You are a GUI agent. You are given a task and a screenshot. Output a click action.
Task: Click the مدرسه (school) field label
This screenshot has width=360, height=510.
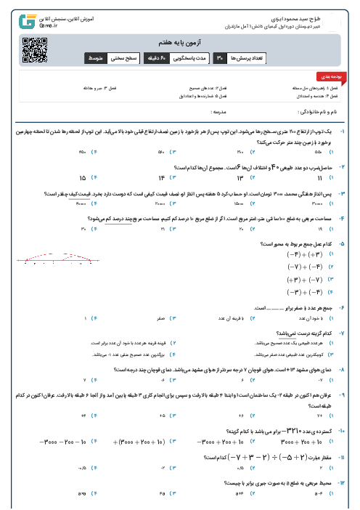point(218,113)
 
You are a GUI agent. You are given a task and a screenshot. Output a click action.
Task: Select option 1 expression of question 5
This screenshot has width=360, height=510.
point(303,255)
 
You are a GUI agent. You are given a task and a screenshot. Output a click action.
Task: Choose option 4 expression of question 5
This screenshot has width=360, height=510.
point(303,291)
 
